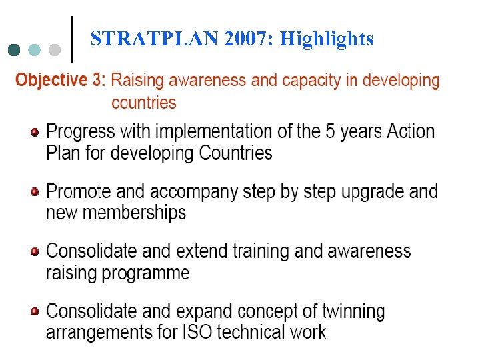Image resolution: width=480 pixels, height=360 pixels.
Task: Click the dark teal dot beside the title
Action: coord(15,50)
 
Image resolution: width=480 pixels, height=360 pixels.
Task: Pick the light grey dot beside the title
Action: coord(55,50)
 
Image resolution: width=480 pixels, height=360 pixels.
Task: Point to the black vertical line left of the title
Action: coord(72,39)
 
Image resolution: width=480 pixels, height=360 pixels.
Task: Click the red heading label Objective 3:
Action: coord(60,81)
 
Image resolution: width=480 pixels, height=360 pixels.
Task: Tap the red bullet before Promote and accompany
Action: coord(35,192)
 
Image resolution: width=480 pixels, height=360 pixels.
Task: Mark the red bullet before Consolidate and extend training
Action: coord(35,252)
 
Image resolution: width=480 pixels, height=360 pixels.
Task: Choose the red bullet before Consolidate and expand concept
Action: coord(35,311)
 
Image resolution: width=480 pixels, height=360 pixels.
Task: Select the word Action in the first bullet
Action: coord(411,131)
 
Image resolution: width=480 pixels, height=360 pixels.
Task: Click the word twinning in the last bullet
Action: coord(353,311)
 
